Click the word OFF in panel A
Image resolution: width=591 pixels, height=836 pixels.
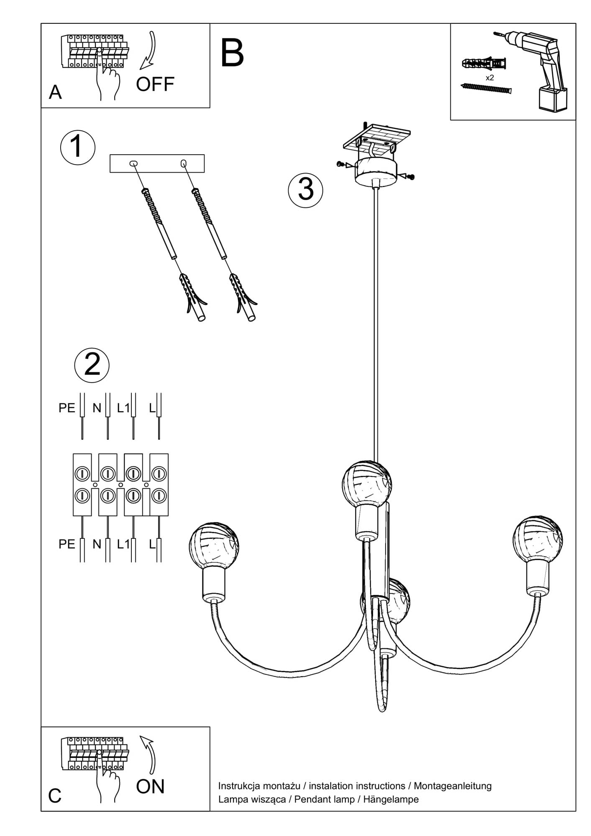[x=155, y=84]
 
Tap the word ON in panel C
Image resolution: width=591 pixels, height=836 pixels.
[x=150, y=787]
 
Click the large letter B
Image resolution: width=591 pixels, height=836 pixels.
[x=232, y=54]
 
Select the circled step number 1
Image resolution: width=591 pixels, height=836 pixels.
[x=78, y=148]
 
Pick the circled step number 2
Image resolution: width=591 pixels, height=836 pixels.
[x=92, y=364]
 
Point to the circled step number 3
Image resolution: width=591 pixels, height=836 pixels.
[x=306, y=189]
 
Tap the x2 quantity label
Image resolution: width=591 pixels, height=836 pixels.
[x=490, y=78]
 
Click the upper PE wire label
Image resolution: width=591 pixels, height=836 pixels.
[x=67, y=408]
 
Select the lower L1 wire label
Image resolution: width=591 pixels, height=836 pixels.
[x=123, y=544]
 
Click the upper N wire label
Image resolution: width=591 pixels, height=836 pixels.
[x=97, y=408]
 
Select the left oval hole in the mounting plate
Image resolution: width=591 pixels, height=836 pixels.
[x=133, y=163]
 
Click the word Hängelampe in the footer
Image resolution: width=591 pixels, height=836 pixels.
[x=391, y=799]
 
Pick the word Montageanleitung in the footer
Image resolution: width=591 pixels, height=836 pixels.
[x=453, y=786]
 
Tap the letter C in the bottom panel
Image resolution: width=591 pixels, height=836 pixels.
[x=55, y=796]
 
